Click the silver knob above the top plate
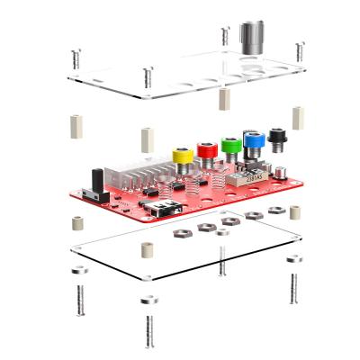pyautogui.click(x=248, y=38)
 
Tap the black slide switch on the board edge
pyautogui.click(x=89, y=194)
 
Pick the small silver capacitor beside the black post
pyautogui.click(x=282, y=168)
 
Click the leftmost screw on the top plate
pyautogui.click(x=74, y=58)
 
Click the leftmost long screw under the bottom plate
pyautogui.click(x=80, y=298)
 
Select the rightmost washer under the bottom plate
pyautogui.click(x=294, y=259)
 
